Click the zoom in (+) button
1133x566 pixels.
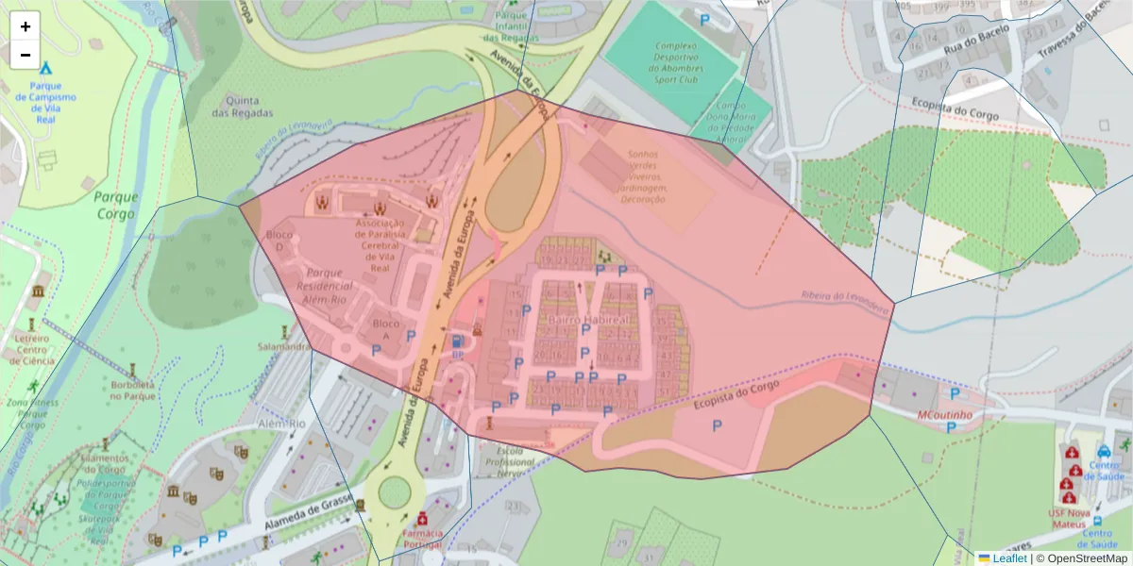click(25, 26)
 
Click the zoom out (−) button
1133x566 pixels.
click(25, 55)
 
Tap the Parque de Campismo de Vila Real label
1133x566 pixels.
click(46, 97)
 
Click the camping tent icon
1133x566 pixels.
click(46, 68)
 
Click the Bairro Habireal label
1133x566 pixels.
click(587, 321)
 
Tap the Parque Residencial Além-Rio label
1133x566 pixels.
click(324, 285)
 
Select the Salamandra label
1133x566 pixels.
click(284, 346)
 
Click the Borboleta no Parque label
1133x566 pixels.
click(132, 390)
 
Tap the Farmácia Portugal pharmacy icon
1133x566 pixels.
click(422, 518)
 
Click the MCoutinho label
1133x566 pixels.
click(945, 415)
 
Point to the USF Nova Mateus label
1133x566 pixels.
click(1069, 519)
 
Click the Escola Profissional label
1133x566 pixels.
click(509, 462)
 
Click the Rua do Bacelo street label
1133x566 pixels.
click(976, 38)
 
